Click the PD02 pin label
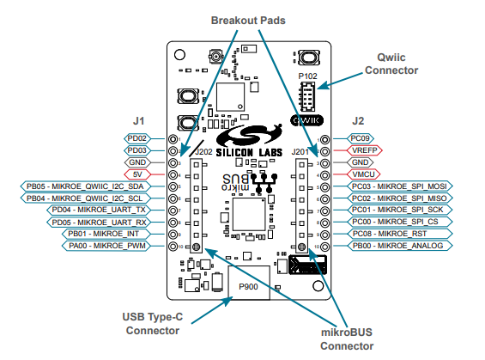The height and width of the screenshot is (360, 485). [137, 138]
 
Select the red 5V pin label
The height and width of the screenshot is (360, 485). [137, 174]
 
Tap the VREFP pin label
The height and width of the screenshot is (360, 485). [364, 150]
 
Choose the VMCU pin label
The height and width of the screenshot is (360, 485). [363, 174]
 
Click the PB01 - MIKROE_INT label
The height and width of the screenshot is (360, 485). [104, 234]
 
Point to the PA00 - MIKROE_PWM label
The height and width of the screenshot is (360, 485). [106, 246]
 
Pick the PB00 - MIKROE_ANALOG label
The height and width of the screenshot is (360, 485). [399, 246]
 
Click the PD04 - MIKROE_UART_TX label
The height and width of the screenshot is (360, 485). [99, 210]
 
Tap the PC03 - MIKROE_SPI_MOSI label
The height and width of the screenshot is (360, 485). [399, 186]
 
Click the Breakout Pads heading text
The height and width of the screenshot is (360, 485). [248, 21]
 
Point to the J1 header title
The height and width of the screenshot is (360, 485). [138, 121]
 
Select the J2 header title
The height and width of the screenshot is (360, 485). [358, 121]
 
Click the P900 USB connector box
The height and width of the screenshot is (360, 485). [249, 283]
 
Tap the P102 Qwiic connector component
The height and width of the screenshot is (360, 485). [307, 96]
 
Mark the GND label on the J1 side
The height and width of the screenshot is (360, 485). [137, 162]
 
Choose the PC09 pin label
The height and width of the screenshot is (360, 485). [360, 138]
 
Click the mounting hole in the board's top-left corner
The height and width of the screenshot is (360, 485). [179, 55]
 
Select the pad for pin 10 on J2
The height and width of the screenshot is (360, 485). [324, 247]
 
